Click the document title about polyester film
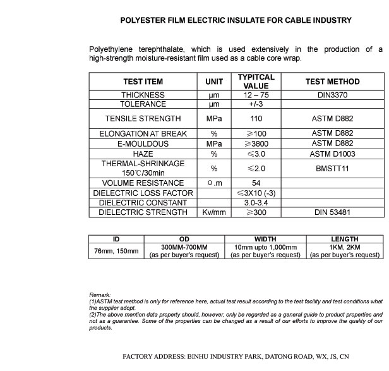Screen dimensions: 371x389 pos(236,20)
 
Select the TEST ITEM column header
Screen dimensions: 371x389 pos(143,82)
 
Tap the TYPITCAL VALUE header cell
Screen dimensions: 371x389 pos(256,82)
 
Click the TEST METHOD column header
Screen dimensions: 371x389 pos(332,82)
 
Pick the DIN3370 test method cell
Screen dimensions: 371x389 pos(332,95)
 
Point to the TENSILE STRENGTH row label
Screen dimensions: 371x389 pos(143,118)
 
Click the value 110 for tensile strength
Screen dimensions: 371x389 pos(256,118)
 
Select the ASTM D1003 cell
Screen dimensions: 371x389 pos(332,154)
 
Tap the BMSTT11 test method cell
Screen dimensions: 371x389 pos(332,168)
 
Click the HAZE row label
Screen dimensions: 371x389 pos(143,154)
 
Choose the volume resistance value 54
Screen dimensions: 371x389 pos(256,183)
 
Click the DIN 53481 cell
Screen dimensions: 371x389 pos(332,212)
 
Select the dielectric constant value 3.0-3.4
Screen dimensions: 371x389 pos(256,203)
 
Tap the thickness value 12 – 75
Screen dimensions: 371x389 pos(256,95)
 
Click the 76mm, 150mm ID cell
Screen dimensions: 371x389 pos(116,251)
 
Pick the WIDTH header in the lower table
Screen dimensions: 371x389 pos(265,240)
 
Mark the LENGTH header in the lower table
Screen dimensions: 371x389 pos(344,240)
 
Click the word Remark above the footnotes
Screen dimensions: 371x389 pos(100,295)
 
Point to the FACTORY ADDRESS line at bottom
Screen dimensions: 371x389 pos(236,356)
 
